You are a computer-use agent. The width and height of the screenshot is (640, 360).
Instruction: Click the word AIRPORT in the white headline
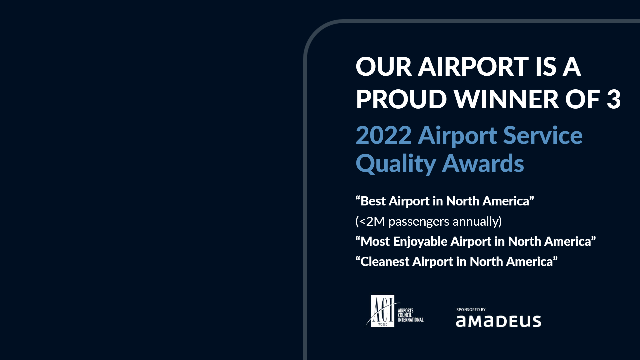point(473,67)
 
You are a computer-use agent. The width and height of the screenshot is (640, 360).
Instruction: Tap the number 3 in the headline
point(614,99)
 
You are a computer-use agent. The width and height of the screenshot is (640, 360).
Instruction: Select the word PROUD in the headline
point(401,99)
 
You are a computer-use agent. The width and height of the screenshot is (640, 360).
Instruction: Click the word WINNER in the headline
point(507,99)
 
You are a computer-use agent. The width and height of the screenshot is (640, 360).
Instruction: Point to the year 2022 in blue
point(384,135)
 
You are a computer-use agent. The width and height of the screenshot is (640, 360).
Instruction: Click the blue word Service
point(543,135)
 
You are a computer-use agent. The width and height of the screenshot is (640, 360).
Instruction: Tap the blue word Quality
point(396,164)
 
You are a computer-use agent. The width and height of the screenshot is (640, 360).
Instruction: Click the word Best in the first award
point(373,201)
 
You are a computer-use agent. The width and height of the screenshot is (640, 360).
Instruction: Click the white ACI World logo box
point(383,311)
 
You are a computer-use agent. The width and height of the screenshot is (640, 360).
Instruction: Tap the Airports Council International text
point(411,315)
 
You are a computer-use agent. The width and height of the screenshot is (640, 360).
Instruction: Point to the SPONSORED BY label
point(471,310)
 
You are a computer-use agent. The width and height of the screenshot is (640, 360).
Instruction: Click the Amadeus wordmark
point(499,321)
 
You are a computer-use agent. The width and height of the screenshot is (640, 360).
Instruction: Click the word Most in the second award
point(375,242)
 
